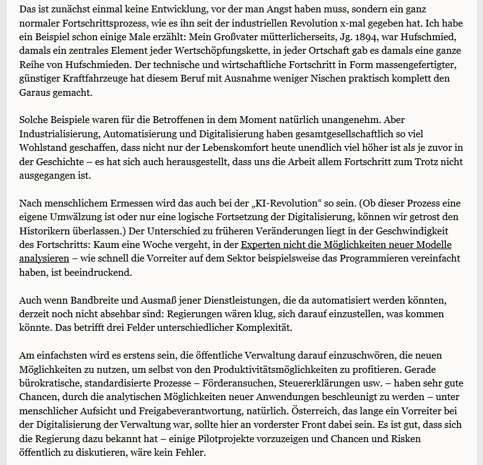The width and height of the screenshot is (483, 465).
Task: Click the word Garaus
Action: tap(36, 92)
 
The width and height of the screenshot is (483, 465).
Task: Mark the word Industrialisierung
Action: tap(58, 134)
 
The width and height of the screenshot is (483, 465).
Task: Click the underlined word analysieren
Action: tap(44, 258)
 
